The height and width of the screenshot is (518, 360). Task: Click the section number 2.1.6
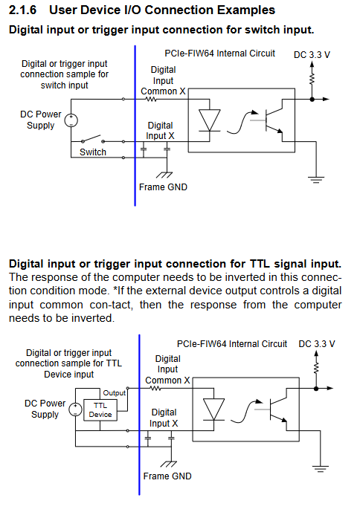click(22, 10)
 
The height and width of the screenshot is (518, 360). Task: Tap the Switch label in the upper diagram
click(93, 152)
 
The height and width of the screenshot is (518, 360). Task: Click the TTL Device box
click(100, 410)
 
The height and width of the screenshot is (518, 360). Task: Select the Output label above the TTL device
click(114, 393)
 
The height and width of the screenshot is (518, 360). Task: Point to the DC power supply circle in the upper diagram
click(71, 120)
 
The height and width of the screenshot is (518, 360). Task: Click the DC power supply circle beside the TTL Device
click(75, 409)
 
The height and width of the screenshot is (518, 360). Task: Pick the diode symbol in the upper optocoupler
click(209, 120)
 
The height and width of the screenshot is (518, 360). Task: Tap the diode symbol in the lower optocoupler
click(213, 409)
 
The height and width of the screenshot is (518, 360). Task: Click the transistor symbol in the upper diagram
click(274, 120)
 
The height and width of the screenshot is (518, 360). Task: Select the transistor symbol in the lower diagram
click(278, 409)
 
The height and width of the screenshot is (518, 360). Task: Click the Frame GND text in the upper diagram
click(164, 187)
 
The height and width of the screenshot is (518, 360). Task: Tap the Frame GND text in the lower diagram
click(167, 476)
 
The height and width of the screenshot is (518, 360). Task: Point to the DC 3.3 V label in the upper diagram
click(312, 55)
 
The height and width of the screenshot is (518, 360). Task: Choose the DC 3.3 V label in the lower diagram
click(317, 344)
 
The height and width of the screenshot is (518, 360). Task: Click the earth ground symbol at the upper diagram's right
click(316, 180)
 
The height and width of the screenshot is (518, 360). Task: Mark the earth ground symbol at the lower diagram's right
click(321, 469)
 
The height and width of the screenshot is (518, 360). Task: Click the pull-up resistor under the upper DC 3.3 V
click(312, 79)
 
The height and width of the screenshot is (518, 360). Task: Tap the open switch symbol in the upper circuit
click(93, 138)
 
